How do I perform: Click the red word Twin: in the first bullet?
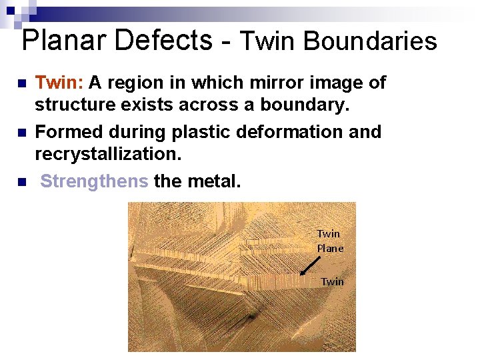(x=59, y=83)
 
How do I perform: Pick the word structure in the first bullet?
(x=71, y=105)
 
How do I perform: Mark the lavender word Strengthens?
(x=94, y=181)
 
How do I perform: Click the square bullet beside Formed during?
(x=21, y=133)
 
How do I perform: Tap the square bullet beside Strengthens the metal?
(x=21, y=181)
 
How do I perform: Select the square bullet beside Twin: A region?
(x=21, y=83)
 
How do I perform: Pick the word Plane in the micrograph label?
(x=330, y=248)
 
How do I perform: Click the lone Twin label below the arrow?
(x=332, y=281)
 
